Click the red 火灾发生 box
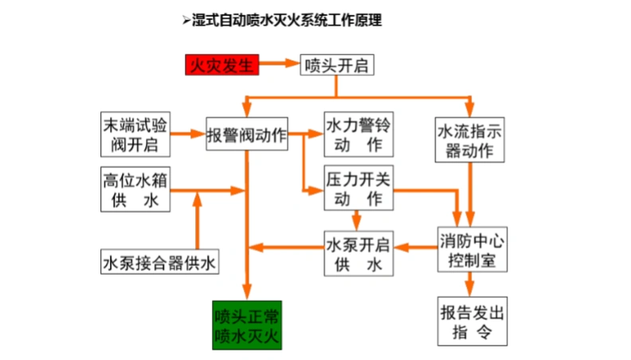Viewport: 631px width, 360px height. [221, 65]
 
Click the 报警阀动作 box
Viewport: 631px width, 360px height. [246, 134]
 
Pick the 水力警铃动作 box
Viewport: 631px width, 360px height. [359, 134]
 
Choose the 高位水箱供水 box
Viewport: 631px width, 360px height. [135, 190]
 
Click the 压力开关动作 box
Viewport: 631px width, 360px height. [359, 188]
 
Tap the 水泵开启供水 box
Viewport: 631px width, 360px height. [359, 252]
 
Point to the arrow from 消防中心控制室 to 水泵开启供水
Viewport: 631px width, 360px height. [415, 249]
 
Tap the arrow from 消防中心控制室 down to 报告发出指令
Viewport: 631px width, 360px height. [471, 284]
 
